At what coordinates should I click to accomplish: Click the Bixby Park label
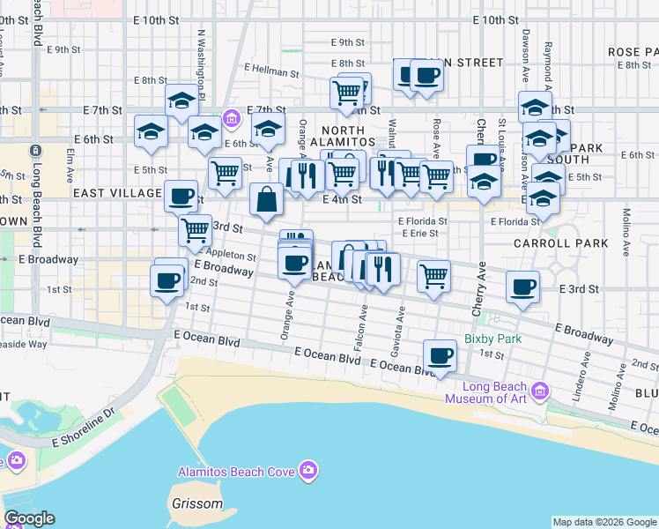pos(493,339)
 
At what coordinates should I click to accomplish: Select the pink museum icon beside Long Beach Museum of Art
pos(540,390)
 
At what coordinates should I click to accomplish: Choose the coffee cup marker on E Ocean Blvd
pos(440,356)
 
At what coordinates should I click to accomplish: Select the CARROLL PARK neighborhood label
pos(573,242)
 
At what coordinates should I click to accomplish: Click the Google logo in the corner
pos(29,518)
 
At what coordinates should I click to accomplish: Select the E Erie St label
pos(419,234)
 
